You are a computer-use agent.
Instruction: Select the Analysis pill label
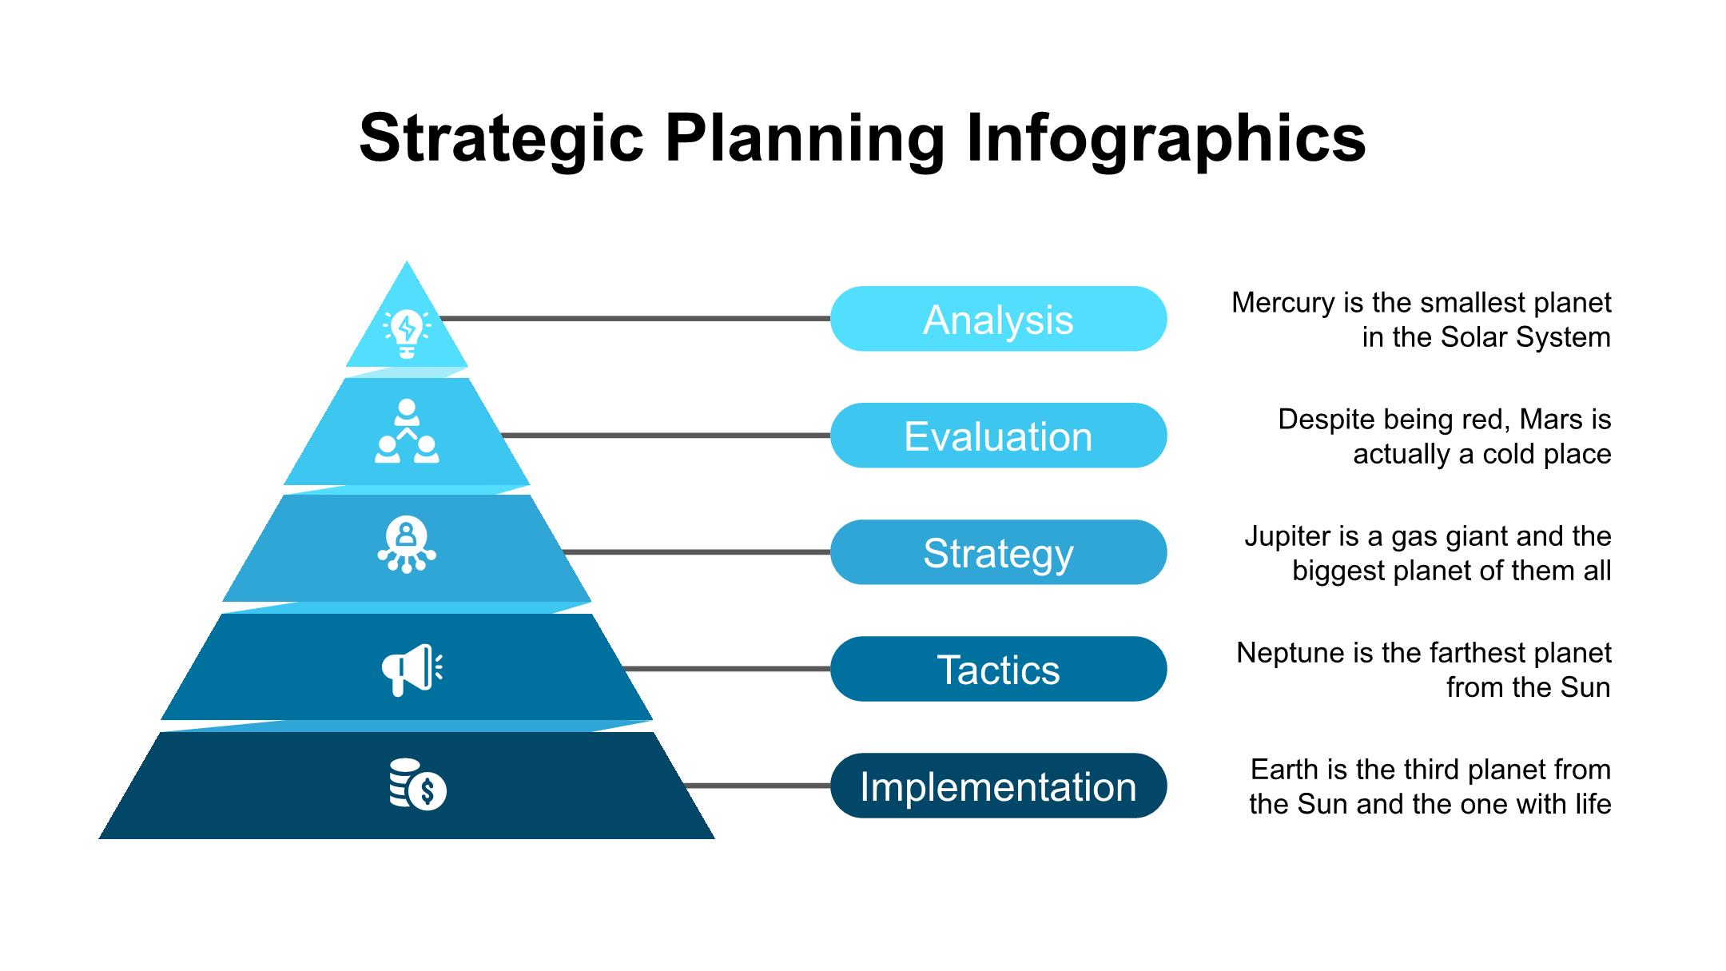coord(998,319)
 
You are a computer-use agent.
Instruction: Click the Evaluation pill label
coord(998,436)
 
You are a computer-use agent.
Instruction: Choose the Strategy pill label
coord(998,552)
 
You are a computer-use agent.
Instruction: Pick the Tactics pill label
coord(998,669)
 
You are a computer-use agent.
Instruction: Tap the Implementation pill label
coord(998,786)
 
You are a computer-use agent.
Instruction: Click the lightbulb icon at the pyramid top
coord(407,333)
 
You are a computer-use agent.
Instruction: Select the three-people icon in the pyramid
coord(407,431)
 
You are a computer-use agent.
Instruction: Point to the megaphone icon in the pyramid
coord(412,670)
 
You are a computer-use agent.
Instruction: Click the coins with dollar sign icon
coord(417,784)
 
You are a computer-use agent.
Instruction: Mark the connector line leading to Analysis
coord(635,319)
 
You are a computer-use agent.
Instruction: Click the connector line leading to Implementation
coord(758,786)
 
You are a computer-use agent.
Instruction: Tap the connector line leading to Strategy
coord(697,552)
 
